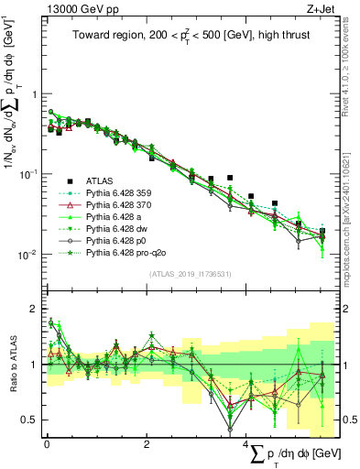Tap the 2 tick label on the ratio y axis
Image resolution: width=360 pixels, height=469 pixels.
(x=34, y=309)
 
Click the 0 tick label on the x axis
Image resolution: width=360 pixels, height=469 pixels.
(x=47, y=444)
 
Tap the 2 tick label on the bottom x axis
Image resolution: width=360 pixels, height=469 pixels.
(x=147, y=444)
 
